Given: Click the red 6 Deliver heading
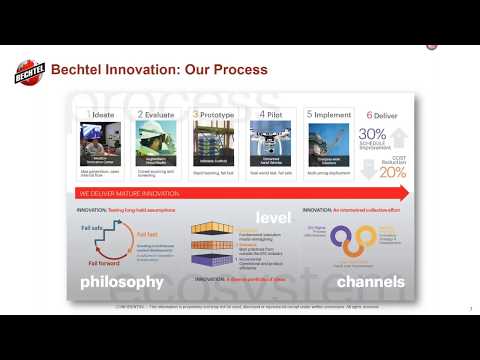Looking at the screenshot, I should point(385,115).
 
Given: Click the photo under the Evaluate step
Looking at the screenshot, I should point(160,141).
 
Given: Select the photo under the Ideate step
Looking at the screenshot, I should point(103,141).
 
